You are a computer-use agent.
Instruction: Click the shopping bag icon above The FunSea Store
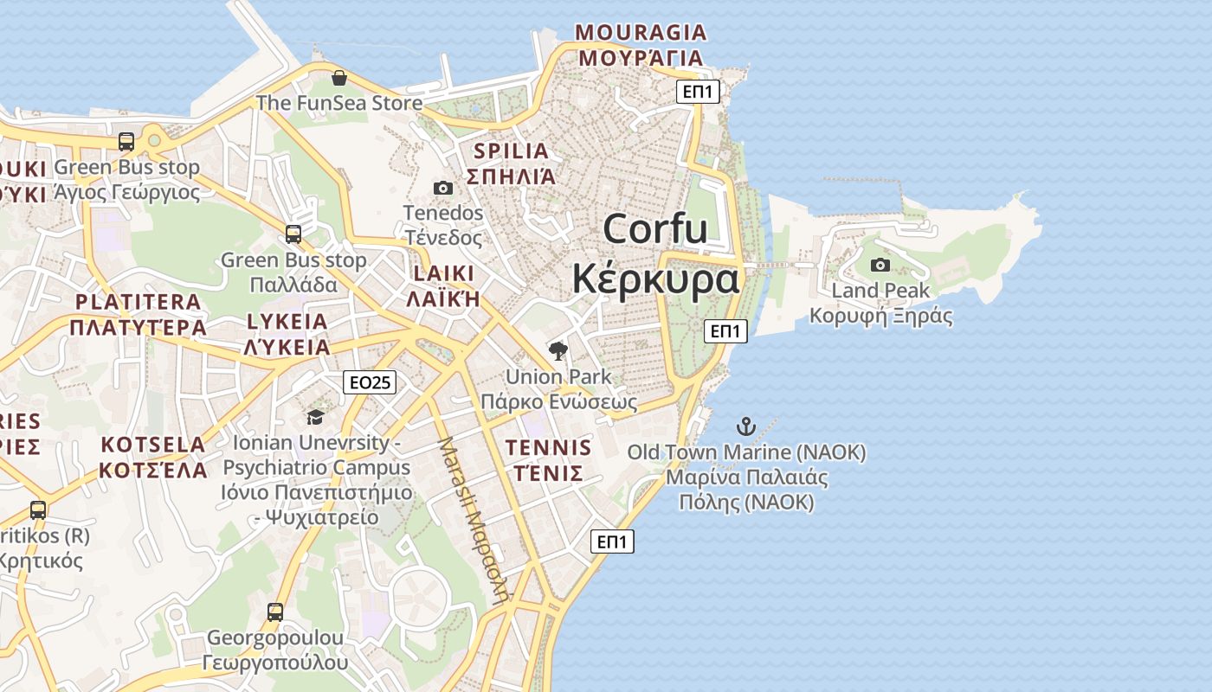[x=339, y=79]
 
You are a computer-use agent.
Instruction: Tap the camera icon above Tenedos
[x=442, y=188]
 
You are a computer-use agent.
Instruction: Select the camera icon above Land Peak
[x=880, y=265]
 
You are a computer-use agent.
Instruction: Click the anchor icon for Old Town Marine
[x=745, y=426]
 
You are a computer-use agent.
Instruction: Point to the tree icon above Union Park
[x=558, y=350]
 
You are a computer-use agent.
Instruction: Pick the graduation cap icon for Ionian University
[x=315, y=418]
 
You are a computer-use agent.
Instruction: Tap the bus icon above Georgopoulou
[x=275, y=612]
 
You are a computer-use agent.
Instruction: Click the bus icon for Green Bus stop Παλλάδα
[x=293, y=234]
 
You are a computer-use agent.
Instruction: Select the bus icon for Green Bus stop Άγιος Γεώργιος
[x=126, y=142]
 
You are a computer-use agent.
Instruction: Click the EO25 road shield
[x=370, y=382]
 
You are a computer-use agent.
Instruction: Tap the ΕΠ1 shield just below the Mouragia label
[x=698, y=92]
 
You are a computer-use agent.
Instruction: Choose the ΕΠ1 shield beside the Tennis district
[x=612, y=542]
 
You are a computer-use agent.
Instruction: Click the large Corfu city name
[x=655, y=228]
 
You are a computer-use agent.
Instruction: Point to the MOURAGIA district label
[x=641, y=33]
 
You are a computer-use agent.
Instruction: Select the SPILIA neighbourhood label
[x=511, y=151]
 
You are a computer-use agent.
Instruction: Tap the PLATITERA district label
[x=138, y=302]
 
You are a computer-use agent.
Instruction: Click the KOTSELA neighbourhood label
[x=153, y=445]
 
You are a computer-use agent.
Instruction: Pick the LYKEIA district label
[x=287, y=322]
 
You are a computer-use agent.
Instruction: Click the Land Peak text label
[x=880, y=291]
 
